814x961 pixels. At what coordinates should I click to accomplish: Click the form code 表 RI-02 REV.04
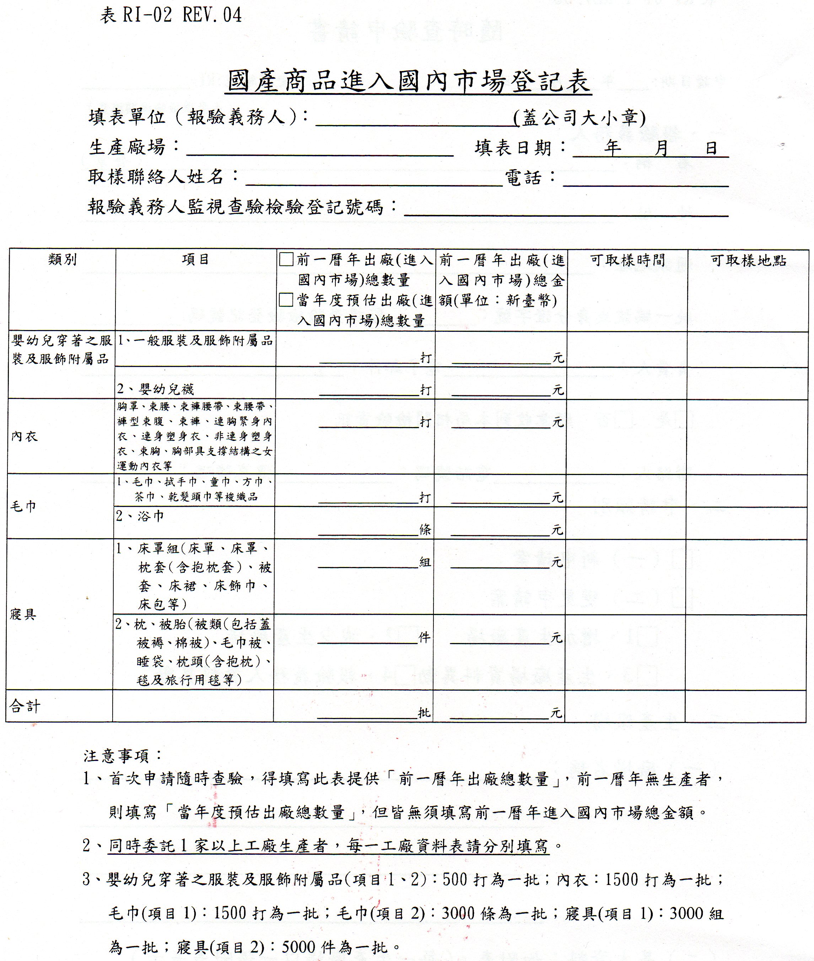(171, 16)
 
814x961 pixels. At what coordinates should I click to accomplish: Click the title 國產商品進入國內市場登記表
(408, 82)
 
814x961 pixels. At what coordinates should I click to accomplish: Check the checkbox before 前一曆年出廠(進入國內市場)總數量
(286, 260)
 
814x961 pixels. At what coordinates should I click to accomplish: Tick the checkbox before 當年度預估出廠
(286, 300)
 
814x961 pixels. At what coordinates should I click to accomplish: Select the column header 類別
(62, 260)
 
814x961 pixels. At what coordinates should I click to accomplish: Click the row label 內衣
(25, 436)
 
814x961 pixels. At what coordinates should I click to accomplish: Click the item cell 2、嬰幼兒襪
(156, 389)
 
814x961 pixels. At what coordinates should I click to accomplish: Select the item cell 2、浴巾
(140, 516)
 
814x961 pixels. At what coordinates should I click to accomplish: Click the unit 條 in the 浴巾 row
(425, 530)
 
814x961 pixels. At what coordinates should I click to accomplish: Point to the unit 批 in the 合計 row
(424, 713)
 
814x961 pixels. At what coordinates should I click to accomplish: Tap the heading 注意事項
(123, 756)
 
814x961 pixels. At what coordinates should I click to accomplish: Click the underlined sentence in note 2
(329, 846)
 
